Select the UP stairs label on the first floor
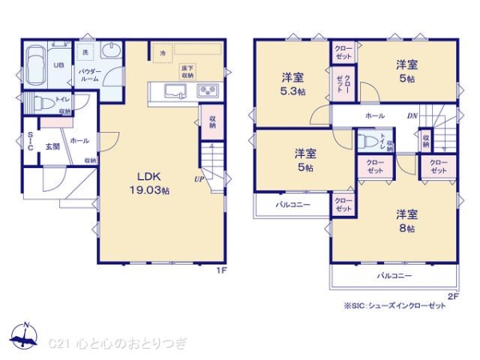pyautogui.click(x=198, y=178)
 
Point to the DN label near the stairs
pyautogui.click(x=412, y=116)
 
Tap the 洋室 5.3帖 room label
pyautogui.click(x=293, y=85)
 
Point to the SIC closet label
pyautogui.click(x=30, y=141)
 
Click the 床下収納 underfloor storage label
pyautogui.click(x=187, y=70)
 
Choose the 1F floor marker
pyautogui.click(x=224, y=270)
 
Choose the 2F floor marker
pyautogui.click(x=453, y=295)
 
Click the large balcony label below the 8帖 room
pyautogui.click(x=395, y=276)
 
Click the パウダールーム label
pyautogui.click(x=89, y=76)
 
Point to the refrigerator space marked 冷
pyautogui.click(x=162, y=53)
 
